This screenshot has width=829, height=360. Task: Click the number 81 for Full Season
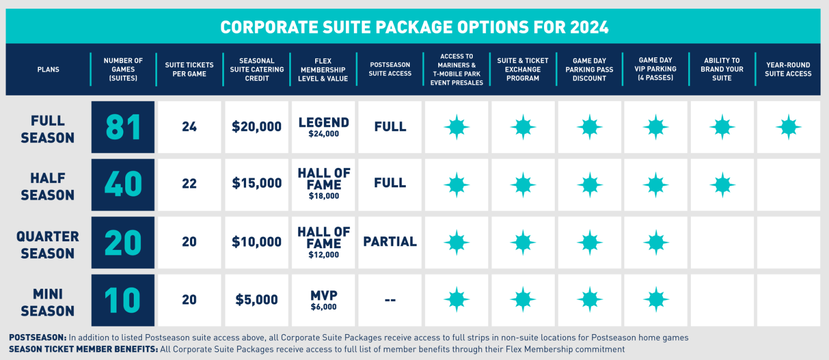point(123,127)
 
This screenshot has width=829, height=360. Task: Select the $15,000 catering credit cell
point(257,184)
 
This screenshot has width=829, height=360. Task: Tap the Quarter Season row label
point(47,244)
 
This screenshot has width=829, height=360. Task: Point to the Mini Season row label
point(47,302)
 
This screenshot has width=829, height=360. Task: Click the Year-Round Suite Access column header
point(788,69)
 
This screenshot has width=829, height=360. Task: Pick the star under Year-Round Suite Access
point(788,127)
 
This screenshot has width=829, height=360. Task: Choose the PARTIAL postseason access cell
point(390,242)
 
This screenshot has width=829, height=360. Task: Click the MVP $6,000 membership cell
point(323,300)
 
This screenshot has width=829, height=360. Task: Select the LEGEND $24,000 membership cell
point(323,126)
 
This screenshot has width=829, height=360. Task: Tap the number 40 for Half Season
point(123,185)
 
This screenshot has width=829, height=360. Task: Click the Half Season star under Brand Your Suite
point(722,185)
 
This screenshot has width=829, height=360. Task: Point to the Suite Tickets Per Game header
point(189,69)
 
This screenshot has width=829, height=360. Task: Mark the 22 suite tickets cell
point(189,184)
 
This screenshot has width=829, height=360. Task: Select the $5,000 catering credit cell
point(257,300)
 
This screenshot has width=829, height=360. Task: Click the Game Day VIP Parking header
point(655,69)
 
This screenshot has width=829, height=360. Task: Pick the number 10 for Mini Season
point(123,301)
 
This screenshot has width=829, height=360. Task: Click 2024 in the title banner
point(586,27)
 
